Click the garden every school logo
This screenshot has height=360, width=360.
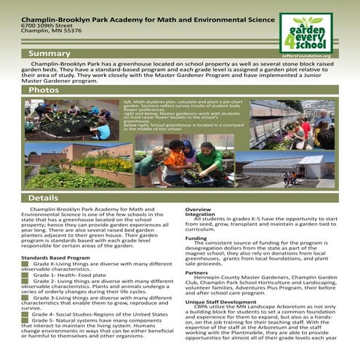click(x=306, y=31)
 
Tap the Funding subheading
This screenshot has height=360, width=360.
click(x=196, y=238)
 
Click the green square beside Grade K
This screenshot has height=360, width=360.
click(x=25, y=263)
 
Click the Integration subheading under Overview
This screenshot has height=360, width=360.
click(x=200, y=215)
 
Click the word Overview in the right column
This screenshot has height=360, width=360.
click(x=198, y=209)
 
